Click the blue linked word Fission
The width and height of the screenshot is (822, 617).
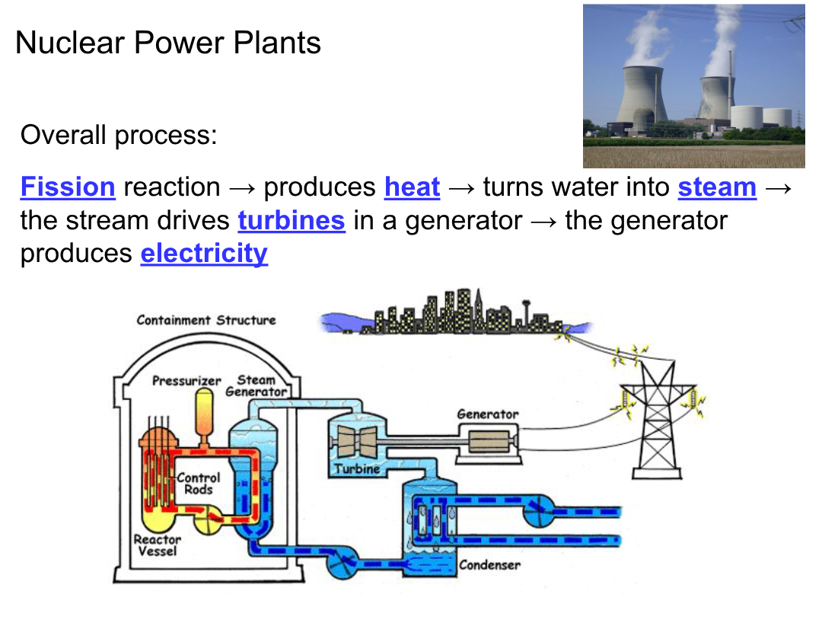click(68, 187)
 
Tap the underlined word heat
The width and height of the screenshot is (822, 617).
click(412, 187)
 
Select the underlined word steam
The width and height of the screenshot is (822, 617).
click(717, 187)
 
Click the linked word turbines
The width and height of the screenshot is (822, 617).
click(291, 221)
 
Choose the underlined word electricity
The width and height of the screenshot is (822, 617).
click(204, 254)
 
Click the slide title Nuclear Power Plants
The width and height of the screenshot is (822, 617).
click(168, 43)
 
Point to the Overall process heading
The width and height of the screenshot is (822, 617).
click(119, 136)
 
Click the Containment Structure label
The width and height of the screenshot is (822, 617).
click(206, 320)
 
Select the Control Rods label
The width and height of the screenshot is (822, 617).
click(198, 484)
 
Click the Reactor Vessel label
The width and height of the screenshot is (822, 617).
click(158, 545)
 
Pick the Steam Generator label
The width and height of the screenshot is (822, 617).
click(256, 385)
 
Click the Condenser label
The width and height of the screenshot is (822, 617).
click(489, 565)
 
